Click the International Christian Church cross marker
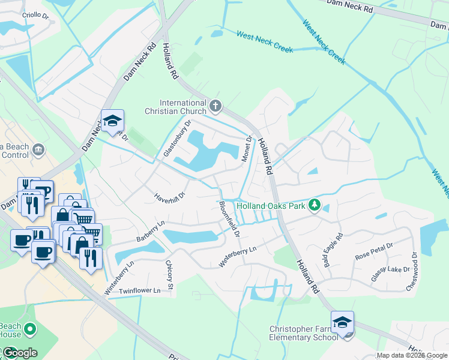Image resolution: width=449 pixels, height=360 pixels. tap(216, 107)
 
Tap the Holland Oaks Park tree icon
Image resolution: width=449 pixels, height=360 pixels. tap(313, 206)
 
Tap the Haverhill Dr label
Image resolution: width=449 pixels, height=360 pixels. tap(170, 196)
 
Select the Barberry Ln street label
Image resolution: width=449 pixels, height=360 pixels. tap(150, 230)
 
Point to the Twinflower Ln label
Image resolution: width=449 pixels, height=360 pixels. tap(140, 291)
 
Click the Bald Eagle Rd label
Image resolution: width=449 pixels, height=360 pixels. tap(333, 250)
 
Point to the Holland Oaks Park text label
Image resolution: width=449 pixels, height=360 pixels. tap(271, 206)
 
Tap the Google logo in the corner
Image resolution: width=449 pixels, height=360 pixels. tap(19, 352)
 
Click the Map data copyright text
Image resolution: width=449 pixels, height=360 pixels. tap(412, 355)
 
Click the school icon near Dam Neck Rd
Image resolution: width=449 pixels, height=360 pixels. tap(112, 121)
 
